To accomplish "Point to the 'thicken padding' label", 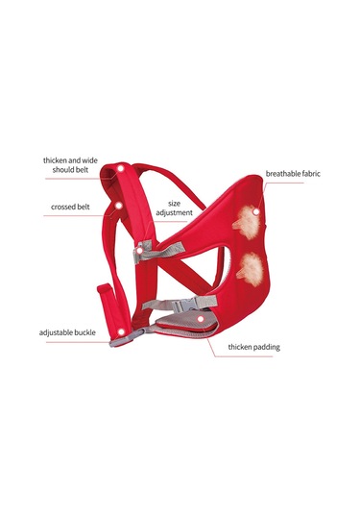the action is tap(254, 347).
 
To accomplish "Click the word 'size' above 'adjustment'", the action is tap(175, 204).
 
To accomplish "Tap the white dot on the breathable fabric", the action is tap(256, 183).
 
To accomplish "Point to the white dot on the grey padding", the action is tap(199, 317).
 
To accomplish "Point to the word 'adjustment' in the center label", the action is tap(175, 213).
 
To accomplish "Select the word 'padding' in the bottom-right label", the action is tap(266, 347).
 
